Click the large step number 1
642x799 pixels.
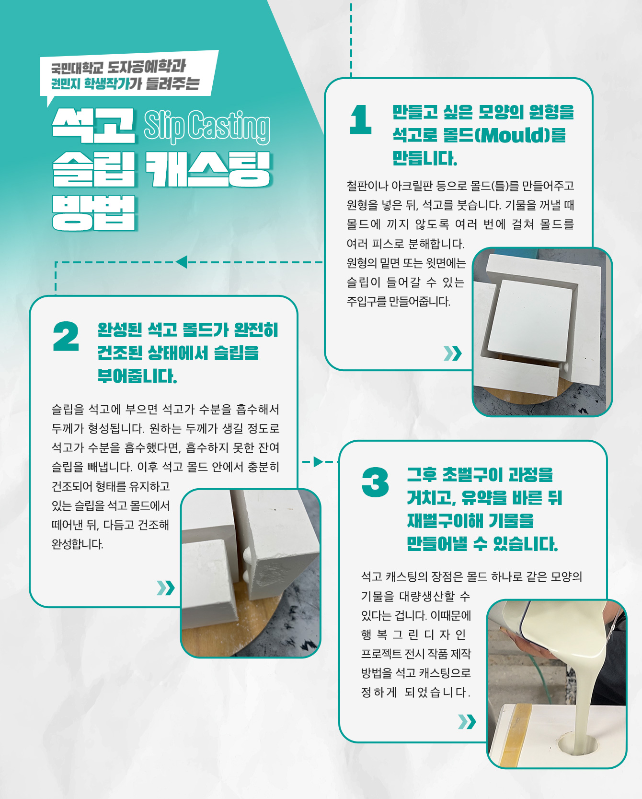pyautogui.click(x=361, y=119)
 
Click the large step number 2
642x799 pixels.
pyautogui.click(x=66, y=336)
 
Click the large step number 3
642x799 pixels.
pyautogui.click(x=376, y=482)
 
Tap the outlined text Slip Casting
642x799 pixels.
pyautogui.click(x=207, y=127)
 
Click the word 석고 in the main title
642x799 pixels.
pyautogui.click(x=93, y=125)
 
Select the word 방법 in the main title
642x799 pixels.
pyautogui.click(x=94, y=213)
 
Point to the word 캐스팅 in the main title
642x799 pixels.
pyautogui.click(x=208, y=169)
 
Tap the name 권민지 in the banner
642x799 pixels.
pyautogui.click(x=66, y=84)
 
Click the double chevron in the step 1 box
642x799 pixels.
pyautogui.click(x=453, y=353)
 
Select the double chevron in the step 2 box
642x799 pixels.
pyautogui.click(x=166, y=587)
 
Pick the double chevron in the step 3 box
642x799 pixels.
pyautogui.click(x=467, y=721)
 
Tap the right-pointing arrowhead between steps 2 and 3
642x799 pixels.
pyautogui.click(x=319, y=462)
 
